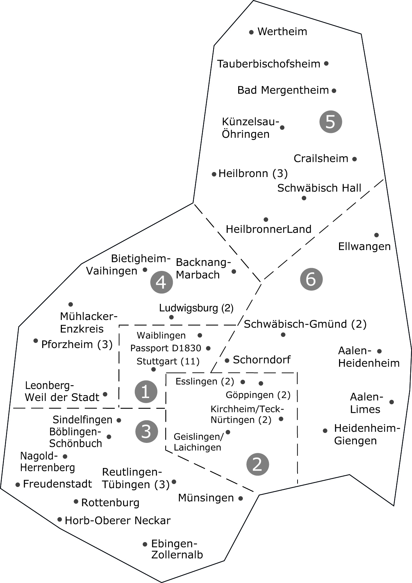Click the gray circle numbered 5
click(330, 122)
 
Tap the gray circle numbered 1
click(146, 392)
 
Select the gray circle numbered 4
click(161, 282)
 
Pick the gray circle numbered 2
click(257, 465)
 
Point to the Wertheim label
click(282, 32)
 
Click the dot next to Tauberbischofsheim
click(326, 63)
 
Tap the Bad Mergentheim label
click(283, 90)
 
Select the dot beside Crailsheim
click(354, 159)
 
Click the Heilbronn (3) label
click(253, 174)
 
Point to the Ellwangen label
click(364, 247)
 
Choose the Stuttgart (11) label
click(168, 361)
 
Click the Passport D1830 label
click(166, 348)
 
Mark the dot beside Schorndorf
click(227, 360)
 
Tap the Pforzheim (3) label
click(77, 344)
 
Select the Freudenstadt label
click(58, 484)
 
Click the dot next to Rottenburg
click(76, 502)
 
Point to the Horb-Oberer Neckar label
click(118, 520)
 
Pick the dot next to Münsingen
click(241, 498)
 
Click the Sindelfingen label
click(83, 420)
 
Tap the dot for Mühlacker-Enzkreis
click(70, 304)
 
